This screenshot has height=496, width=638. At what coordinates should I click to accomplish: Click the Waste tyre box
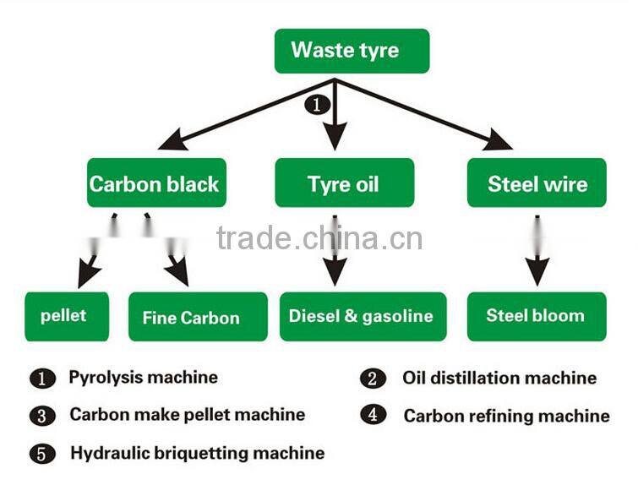[352, 50]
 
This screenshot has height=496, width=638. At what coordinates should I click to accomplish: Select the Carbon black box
[156, 183]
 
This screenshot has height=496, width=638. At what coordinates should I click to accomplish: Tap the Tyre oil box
[344, 183]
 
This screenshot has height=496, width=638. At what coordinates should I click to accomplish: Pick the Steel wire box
[537, 183]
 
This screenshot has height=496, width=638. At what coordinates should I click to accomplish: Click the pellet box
[67, 316]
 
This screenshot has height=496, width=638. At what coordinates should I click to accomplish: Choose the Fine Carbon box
[197, 317]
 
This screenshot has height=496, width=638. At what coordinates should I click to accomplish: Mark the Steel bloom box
[536, 316]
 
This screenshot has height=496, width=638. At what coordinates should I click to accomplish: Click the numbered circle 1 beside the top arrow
[316, 106]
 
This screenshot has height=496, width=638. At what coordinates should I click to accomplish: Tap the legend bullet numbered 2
[372, 379]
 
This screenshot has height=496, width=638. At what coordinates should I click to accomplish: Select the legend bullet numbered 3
[42, 416]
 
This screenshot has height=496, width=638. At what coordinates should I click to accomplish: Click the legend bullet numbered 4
[372, 415]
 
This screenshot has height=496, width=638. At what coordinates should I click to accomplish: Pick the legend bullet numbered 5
[42, 454]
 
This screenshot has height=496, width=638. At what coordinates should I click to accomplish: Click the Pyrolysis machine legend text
[143, 378]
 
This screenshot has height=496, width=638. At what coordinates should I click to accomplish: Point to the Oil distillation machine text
[499, 378]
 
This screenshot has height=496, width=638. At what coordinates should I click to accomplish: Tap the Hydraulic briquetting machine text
[197, 453]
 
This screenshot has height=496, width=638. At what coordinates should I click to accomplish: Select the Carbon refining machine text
[506, 415]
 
